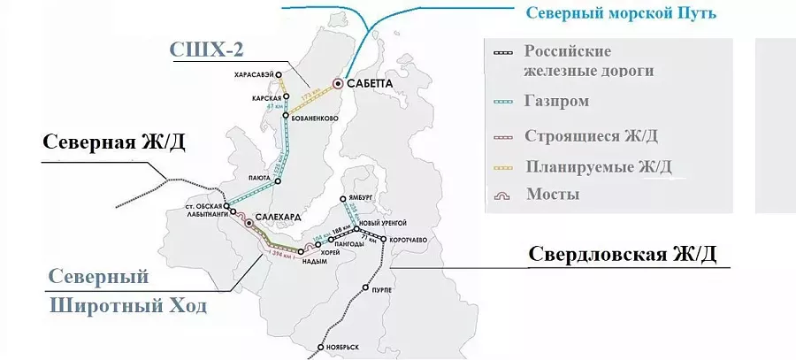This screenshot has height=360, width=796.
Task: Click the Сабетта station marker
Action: [x=338, y=83]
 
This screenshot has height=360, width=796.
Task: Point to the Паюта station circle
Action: [x=278, y=181]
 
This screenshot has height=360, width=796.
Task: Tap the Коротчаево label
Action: [x=408, y=239]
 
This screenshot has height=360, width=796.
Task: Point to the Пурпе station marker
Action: [x=366, y=289]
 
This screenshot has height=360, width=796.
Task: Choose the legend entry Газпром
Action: [x=556, y=102]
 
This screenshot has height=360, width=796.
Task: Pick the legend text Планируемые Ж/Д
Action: [x=598, y=165]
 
